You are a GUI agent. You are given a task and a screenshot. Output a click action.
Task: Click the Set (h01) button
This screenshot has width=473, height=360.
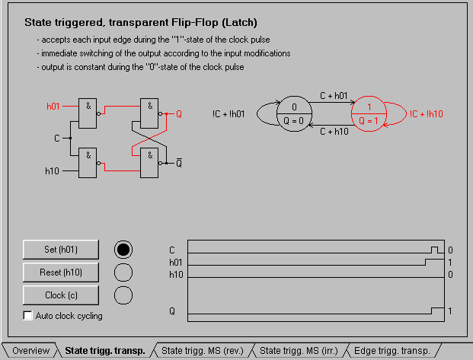pos(61,249)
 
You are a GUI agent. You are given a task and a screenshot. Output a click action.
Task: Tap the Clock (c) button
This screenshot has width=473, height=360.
pos(61,295)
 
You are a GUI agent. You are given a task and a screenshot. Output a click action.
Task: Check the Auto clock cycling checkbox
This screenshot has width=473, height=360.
pos(28,316)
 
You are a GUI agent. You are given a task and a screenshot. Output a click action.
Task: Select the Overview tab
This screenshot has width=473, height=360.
pos(30,351)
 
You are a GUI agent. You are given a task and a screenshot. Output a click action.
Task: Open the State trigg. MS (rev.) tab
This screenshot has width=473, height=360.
pos(202,351)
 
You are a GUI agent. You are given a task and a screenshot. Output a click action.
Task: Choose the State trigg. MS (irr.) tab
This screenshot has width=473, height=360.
pos(300,351)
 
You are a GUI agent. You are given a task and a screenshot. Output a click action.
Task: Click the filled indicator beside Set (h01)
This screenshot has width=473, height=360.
pos(123,249)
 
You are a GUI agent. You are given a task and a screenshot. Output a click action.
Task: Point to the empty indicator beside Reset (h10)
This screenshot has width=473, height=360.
pos(123,272)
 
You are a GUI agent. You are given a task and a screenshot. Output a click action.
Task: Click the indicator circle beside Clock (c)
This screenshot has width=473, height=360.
pos(123,295)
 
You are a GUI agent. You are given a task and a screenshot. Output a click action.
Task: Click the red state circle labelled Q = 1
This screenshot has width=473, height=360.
pos(369,114)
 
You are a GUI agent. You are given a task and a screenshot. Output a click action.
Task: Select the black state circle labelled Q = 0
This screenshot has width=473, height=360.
pos(294,114)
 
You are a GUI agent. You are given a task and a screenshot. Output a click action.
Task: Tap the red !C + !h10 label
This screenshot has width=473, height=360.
pos(426,113)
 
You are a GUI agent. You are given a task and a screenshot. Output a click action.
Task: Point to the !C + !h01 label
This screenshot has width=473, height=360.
pos(229,114)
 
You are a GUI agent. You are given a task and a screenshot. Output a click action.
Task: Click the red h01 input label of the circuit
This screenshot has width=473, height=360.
pos(53,107)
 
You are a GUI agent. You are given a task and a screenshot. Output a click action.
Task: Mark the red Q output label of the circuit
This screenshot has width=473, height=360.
pos(179,114)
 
